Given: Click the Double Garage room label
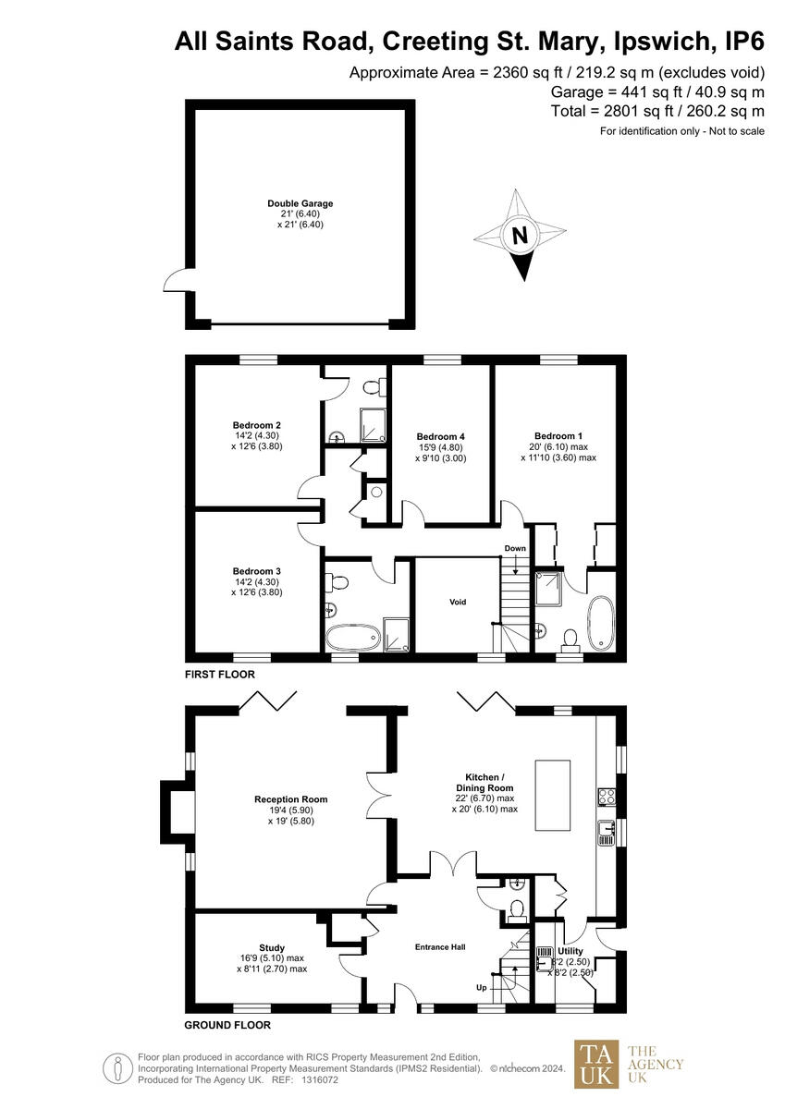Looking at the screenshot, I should pos(300,203).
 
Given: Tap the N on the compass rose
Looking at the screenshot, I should pos(520,236).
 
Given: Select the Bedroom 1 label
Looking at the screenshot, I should pos(558,435).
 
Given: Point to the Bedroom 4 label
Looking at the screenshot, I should pos(440,436).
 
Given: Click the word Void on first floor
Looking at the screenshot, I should pos(458,602).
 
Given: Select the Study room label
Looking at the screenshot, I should pos(272,947).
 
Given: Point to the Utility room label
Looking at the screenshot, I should pos(570,951).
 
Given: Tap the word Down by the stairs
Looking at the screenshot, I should pos(515,548).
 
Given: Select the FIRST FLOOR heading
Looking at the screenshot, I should pos(220,675).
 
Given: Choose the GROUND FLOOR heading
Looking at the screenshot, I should pos(227,1025).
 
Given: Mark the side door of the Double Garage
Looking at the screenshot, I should pos(174,279).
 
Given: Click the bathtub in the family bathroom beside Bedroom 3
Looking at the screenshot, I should pos(352,636).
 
